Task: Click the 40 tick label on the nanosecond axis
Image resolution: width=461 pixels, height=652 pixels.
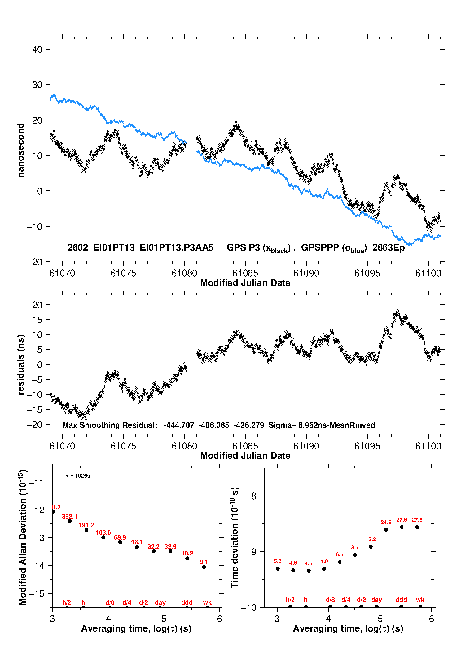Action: coord(37,50)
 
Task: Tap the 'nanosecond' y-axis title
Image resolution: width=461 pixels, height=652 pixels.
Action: coord(21,150)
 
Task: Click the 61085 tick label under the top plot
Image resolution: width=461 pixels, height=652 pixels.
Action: coord(245,273)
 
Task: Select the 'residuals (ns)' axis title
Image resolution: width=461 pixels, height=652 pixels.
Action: coord(21,365)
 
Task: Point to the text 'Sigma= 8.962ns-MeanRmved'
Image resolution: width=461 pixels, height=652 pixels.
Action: coord(322,425)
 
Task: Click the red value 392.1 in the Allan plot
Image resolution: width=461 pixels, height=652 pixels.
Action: coord(69,516)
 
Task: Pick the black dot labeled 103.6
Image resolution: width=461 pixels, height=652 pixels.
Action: coord(103,537)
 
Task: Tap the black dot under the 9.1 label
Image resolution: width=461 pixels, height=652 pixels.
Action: coord(204,567)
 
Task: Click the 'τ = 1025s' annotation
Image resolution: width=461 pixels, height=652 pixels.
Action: coord(78,476)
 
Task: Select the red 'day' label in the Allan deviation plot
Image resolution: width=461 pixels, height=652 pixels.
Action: coord(160,602)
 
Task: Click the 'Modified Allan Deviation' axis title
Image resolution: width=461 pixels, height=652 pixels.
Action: coord(22,537)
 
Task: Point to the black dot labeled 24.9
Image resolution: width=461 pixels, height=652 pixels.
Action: coord(386,530)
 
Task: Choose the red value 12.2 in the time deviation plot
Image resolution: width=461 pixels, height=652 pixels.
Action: coord(371,539)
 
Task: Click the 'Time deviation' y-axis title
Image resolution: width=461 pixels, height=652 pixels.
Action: coord(235,537)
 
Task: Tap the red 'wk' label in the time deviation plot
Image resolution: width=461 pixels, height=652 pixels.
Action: coord(420,600)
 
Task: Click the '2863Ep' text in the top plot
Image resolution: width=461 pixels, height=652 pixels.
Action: coord(389,248)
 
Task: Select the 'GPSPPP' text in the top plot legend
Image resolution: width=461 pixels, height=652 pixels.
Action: coord(320,248)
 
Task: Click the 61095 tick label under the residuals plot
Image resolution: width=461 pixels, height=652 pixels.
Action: coord(367,446)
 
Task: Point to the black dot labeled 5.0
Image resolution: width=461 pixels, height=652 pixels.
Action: coord(278,568)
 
